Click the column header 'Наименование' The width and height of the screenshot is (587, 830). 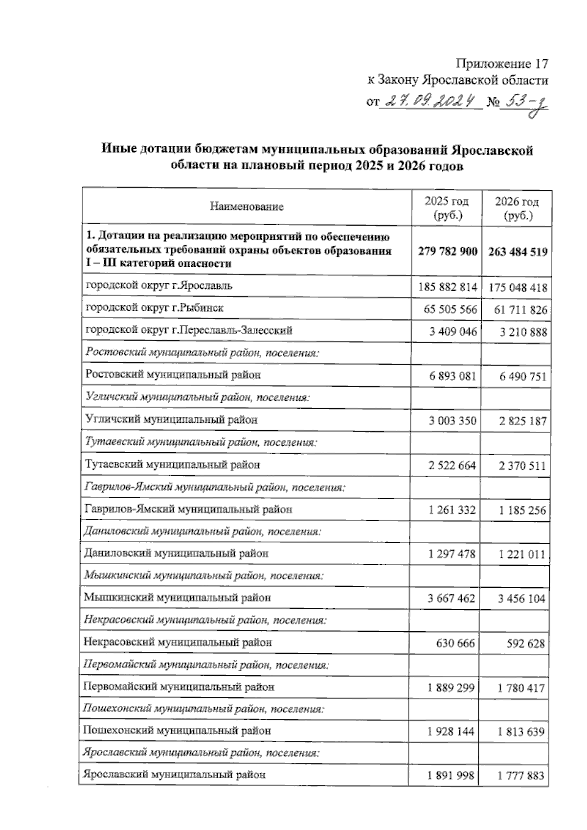(247, 207)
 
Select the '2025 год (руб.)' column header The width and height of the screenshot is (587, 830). (447, 208)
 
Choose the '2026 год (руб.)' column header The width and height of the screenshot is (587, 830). (517, 208)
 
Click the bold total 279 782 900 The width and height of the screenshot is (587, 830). (448, 251)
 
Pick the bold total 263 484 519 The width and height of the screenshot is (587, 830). (517, 252)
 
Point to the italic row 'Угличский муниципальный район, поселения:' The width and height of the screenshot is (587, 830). (198, 397)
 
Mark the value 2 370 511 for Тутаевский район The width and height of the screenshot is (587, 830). (522, 466)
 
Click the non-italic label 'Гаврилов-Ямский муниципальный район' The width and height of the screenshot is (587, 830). (188, 509)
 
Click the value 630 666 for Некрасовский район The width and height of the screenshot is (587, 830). (455, 643)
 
